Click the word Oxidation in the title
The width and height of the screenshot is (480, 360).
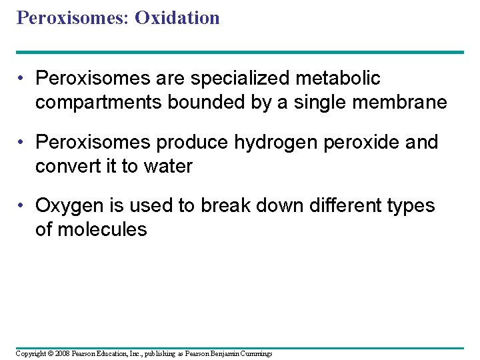click(177, 18)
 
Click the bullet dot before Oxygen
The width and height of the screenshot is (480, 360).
click(22, 207)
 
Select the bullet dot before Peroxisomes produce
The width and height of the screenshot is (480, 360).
click(22, 143)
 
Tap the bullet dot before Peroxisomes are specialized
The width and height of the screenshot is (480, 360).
click(22, 79)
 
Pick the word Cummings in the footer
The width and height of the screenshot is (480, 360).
click(254, 353)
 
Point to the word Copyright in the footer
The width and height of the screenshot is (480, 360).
click(31, 353)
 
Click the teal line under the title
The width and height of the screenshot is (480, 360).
click(240, 52)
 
